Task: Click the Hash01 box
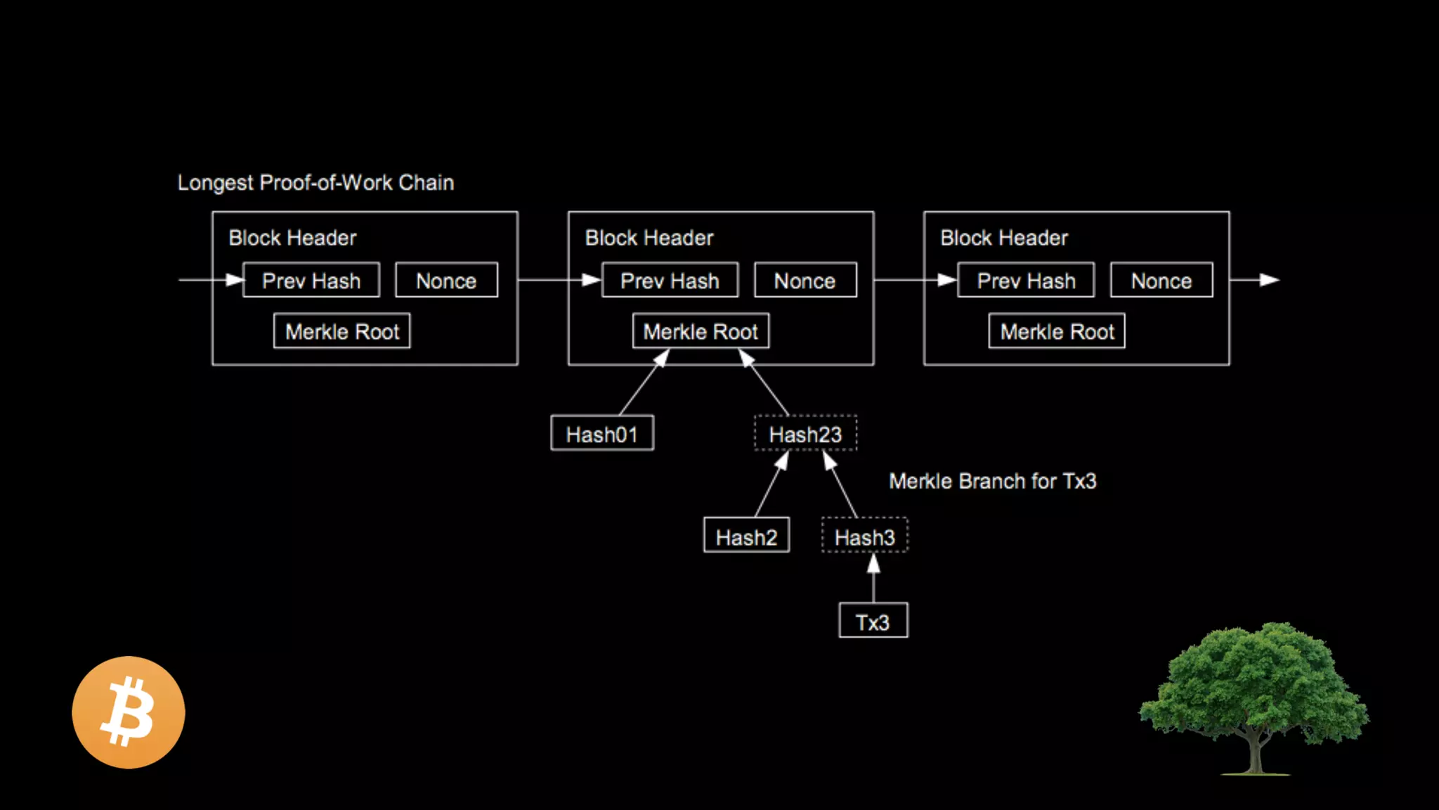pos(602,433)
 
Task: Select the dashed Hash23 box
pos(805,433)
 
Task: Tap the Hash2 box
pos(746,536)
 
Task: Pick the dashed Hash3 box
pos(864,536)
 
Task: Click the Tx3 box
pos(873,621)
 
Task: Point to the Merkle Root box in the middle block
pos(701,331)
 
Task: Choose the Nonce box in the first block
pos(446,281)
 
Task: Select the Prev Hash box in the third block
pos(1026,281)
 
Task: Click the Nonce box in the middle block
pos(805,281)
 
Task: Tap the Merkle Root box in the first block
pos(342,331)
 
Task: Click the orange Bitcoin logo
pos(129,712)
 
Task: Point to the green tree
pos(1254,696)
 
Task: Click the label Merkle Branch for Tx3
pos(992,481)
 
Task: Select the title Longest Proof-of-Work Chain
pos(315,183)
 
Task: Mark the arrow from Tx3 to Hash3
pos(873,579)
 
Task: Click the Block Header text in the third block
pos(1003,238)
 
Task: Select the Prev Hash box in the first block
pos(311,281)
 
